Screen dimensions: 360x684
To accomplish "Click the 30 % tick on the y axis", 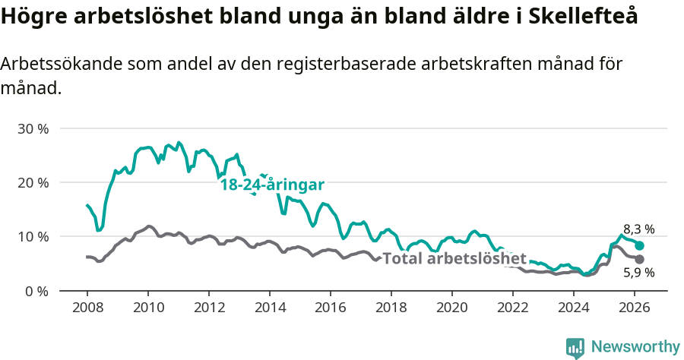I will pos(33,128).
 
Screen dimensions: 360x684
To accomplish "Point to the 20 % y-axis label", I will pos(33,182).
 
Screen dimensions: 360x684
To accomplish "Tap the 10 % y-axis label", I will pos(33,236).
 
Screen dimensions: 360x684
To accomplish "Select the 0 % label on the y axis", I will pos(36,291).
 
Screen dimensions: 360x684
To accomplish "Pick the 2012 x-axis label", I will pos(208,308).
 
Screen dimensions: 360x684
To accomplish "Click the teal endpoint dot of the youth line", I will pos(640,246).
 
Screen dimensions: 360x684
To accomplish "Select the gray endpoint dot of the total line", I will pos(640,259).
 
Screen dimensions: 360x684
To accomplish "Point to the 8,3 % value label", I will pos(638,229).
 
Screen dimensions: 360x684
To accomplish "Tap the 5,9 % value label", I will pos(638,273).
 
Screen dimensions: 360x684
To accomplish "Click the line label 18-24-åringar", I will pos(272,185).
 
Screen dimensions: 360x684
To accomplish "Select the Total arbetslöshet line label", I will pos(454,258).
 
